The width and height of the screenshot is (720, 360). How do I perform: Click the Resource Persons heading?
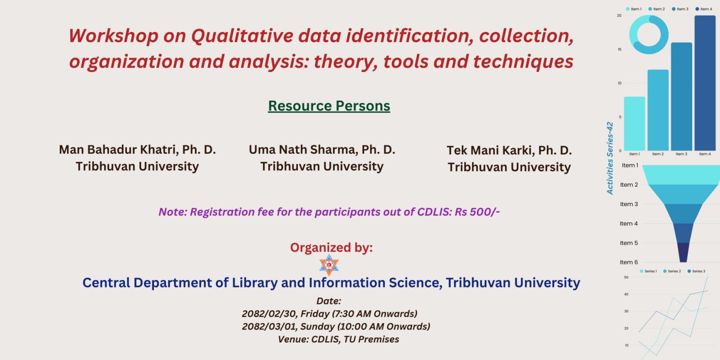pos(329,106)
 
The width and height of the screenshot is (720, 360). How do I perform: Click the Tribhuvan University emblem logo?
pos(329,265)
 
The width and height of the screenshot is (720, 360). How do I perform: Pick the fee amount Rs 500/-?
pos(477,212)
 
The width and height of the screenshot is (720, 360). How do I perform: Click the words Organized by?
pos(331,247)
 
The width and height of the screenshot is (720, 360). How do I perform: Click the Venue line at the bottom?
pos(338,339)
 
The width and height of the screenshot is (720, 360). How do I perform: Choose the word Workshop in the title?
pos(113,36)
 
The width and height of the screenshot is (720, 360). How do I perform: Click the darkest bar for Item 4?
pos(705,83)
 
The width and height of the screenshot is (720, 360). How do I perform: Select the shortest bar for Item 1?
pos(634,124)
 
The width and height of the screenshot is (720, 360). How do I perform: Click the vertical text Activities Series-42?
pos(610,158)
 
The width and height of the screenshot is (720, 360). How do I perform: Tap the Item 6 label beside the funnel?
pos(629,262)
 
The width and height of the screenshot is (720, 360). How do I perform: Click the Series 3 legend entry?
pos(696,271)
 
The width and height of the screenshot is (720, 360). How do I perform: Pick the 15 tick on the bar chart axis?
pos(619,49)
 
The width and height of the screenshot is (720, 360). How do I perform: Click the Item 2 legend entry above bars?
pos(657,9)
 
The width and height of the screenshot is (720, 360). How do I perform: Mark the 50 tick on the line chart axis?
pos(626,277)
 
